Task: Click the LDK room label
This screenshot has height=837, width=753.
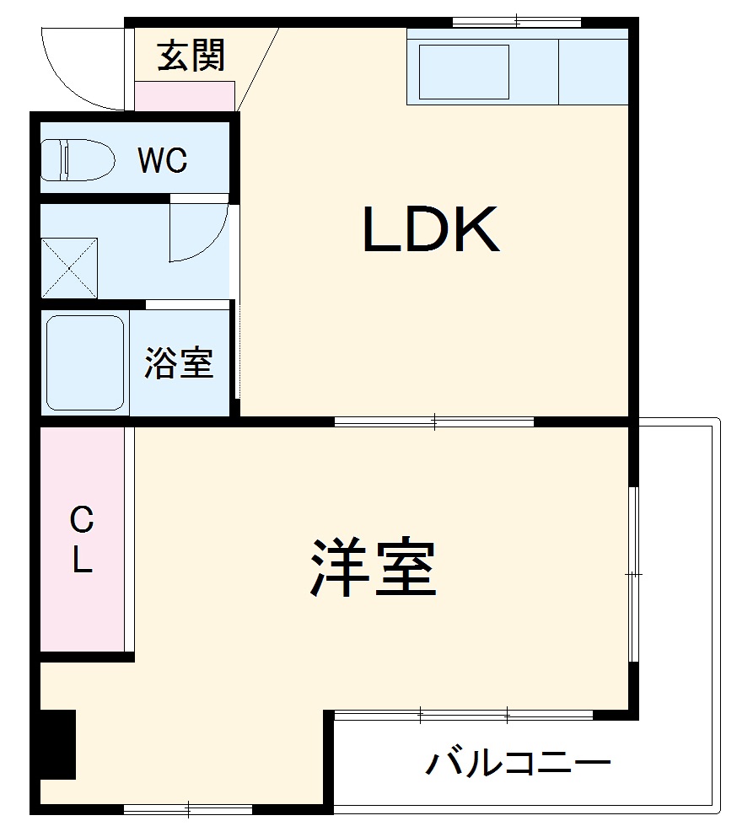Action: (x=431, y=230)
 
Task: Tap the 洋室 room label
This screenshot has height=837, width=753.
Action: (x=374, y=567)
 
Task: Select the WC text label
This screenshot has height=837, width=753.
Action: (x=163, y=160)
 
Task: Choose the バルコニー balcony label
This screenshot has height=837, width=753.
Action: (x=518, y=765)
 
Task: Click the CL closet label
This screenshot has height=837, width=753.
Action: (x=81, y=539)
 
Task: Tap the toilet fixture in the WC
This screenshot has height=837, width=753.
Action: (x=78, y=160)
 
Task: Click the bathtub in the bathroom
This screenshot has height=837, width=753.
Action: (x=84, y=362)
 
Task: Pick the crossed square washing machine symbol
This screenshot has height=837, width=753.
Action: (x=69, y=268)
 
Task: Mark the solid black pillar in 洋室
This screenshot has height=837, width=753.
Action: (x=58, y=744)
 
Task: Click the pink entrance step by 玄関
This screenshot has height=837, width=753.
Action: (x=185, y=95)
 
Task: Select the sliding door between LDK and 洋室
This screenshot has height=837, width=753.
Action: (x=434, y=421)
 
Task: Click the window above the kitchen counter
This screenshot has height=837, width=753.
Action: (x=517, y=21)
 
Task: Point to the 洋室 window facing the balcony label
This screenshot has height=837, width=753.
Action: (x=464, y=716)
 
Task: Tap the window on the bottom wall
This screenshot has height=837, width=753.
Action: (x=188, y=810)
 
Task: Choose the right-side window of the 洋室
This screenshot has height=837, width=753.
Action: (x=633, y=573)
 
